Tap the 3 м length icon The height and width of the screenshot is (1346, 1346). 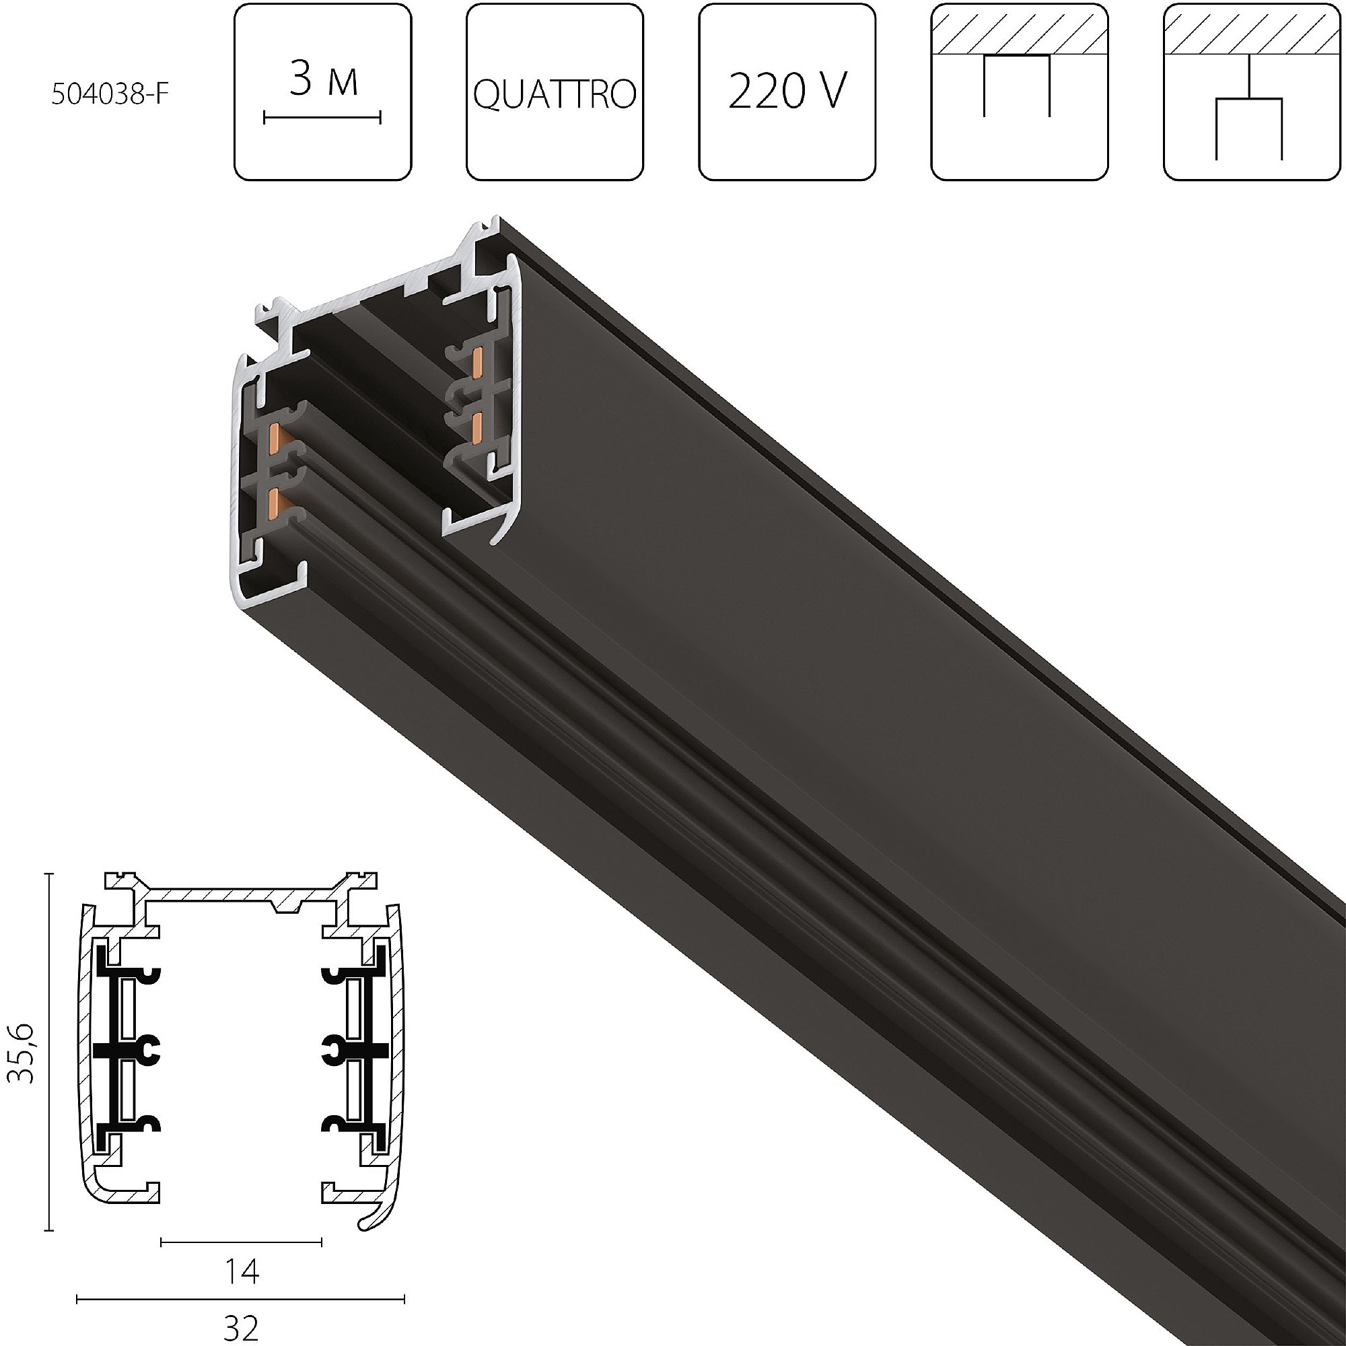[322, 92]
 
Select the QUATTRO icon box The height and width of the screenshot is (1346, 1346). [555, 92]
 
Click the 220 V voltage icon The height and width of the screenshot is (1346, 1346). [787, 92]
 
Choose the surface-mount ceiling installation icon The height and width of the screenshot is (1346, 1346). [1019, 92]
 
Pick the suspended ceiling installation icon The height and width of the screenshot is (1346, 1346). [1252, 92]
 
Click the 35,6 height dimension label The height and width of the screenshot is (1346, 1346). [22, 1053]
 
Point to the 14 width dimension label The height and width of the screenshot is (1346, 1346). [241, 1271]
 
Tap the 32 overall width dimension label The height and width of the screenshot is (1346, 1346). [241, 1329]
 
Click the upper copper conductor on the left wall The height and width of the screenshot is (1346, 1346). [275, 437]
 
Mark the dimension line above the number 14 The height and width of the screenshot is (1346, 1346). [241, 1242]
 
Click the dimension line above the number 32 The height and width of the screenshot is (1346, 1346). [241, 1299]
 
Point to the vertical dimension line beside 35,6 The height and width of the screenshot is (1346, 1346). [48, 1053]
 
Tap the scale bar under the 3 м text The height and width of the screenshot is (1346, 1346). [322, 118]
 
